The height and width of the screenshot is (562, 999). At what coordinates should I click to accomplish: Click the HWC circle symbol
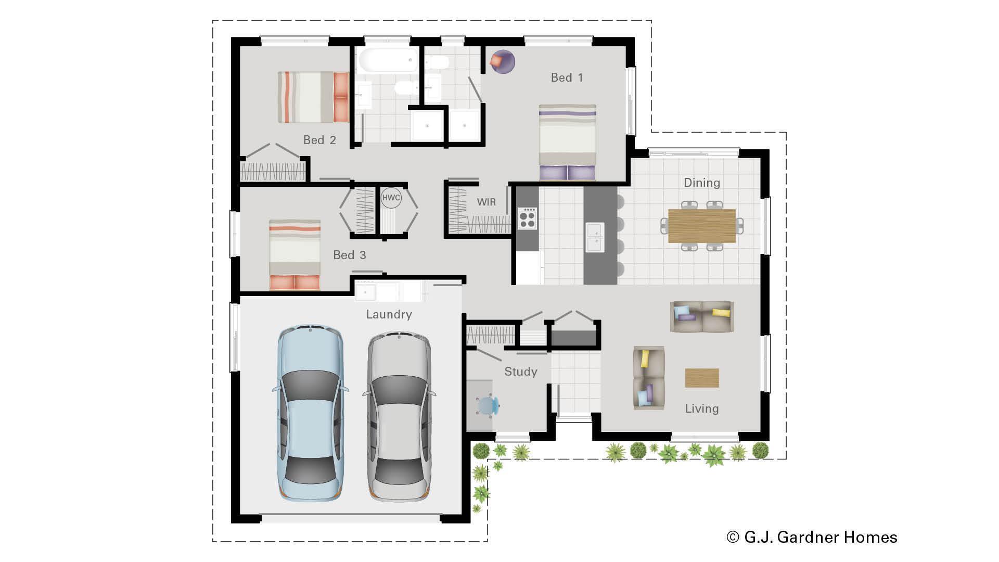pos(391,198)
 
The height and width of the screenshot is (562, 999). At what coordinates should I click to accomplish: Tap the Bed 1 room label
pos(567,78)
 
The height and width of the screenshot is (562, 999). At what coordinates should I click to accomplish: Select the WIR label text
pos(486,202)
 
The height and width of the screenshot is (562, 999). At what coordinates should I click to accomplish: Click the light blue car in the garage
pos(310,414)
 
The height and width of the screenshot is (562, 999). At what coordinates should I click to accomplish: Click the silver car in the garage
pos(399,416)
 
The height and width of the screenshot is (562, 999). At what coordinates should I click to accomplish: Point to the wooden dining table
pos(701,226)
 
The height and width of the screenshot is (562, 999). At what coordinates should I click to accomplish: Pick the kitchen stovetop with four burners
pos(527,218)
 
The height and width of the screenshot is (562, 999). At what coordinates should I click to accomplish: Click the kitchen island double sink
pos(594,237)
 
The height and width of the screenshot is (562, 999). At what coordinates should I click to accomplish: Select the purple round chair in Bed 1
pos(503,61)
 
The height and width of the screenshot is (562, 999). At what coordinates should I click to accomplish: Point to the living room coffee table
pos(702,378)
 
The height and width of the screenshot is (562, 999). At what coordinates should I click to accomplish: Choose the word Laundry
pos(389,314)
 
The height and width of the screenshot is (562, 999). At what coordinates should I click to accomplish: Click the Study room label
pos(520,372)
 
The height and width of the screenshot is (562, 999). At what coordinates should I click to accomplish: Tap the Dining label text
pos(701,183)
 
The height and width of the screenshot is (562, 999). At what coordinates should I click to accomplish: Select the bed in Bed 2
pos(313,97)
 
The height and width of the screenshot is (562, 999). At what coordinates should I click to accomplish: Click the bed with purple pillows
pos(567,142)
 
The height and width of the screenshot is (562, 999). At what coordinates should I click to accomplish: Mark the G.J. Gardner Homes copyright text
pos(812,537)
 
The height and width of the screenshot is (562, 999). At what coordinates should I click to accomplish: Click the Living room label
pos(701,408)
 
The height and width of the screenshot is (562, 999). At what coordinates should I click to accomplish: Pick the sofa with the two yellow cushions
pos(702,316)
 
